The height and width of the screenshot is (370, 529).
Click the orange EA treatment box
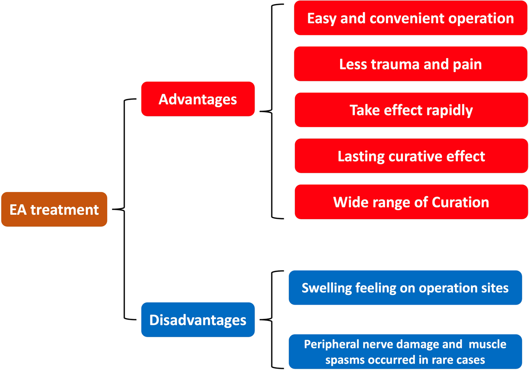[54, 209]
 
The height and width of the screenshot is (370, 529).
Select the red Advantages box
[198, 99]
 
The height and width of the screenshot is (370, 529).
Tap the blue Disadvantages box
[198, 320]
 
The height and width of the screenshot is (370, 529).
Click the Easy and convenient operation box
[410, 18]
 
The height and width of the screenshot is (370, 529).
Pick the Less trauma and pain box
[410, 64]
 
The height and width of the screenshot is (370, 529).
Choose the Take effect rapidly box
[411, 110]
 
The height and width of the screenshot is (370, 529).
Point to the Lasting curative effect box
[411, 156]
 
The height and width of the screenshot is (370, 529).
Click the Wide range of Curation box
[411, 202]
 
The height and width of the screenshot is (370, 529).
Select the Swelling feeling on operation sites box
[405, 288]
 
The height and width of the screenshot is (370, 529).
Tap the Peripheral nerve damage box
[405, 351]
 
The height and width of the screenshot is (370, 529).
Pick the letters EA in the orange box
[18, 210]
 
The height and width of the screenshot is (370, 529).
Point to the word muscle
[487, 344]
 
